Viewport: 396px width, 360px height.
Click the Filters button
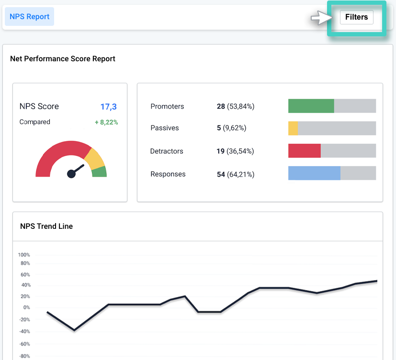pos(356,17)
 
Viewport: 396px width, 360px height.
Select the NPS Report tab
pos(29,17)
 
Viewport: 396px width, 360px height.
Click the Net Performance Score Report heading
pos(63,59)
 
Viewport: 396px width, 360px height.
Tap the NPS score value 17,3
pos(109,106)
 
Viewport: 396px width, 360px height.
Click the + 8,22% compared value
pos(106,122)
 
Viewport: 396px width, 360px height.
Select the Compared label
pos(34,122)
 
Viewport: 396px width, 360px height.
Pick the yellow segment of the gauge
pos(95,159)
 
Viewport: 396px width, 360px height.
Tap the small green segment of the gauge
pos(100,172)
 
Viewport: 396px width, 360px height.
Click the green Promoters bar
pos(311,106)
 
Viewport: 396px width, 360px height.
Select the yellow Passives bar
pos(293,128)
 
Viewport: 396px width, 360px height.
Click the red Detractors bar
pos(304,151)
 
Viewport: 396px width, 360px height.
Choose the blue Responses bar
pos(314,173)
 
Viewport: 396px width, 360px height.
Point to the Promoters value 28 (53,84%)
pos(235,106)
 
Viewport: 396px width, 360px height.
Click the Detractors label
pos(167,151)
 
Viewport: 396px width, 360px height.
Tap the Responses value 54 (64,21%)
pos(235,174)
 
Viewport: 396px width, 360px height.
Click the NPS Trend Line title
pos(46,226)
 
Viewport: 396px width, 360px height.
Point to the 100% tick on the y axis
pos(24,255)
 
